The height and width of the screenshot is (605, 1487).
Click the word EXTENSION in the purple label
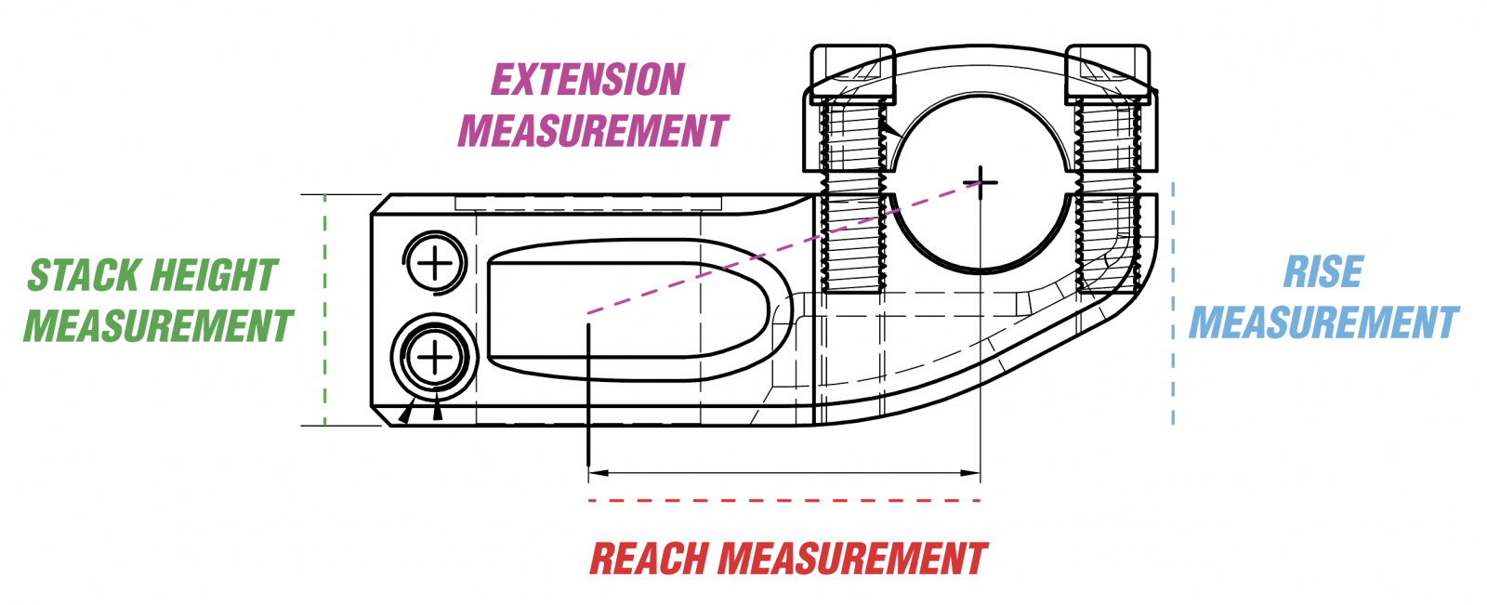587,80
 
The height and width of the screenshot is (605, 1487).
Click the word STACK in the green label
84,276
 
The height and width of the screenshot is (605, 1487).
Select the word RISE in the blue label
1323,272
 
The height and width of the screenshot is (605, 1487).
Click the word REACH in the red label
650,559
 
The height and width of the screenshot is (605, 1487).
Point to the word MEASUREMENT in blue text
1324,323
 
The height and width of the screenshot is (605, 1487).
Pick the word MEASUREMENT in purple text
593,131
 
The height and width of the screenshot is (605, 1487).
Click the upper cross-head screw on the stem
435,264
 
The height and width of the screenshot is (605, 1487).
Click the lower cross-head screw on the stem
435,358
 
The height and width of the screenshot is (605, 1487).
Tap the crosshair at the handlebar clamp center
980,182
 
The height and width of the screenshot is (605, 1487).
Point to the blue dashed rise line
1173,307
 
